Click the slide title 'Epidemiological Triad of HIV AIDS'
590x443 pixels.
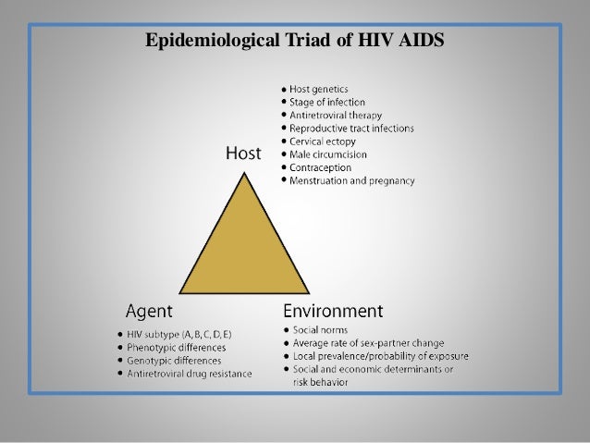pyautogui.click(x=295, y=40)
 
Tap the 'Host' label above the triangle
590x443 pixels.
pyautogui.click(x=243, y=153)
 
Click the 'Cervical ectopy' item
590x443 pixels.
pyautogui.click(x=325, y=141)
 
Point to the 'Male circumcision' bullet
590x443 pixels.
pyautogui.click(x=329, y=154)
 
